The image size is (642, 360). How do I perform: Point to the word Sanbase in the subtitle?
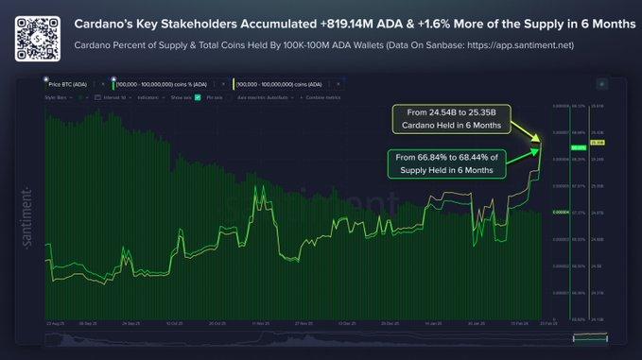[x=446, y=44]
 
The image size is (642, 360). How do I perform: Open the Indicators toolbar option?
[x=147, y=96]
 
